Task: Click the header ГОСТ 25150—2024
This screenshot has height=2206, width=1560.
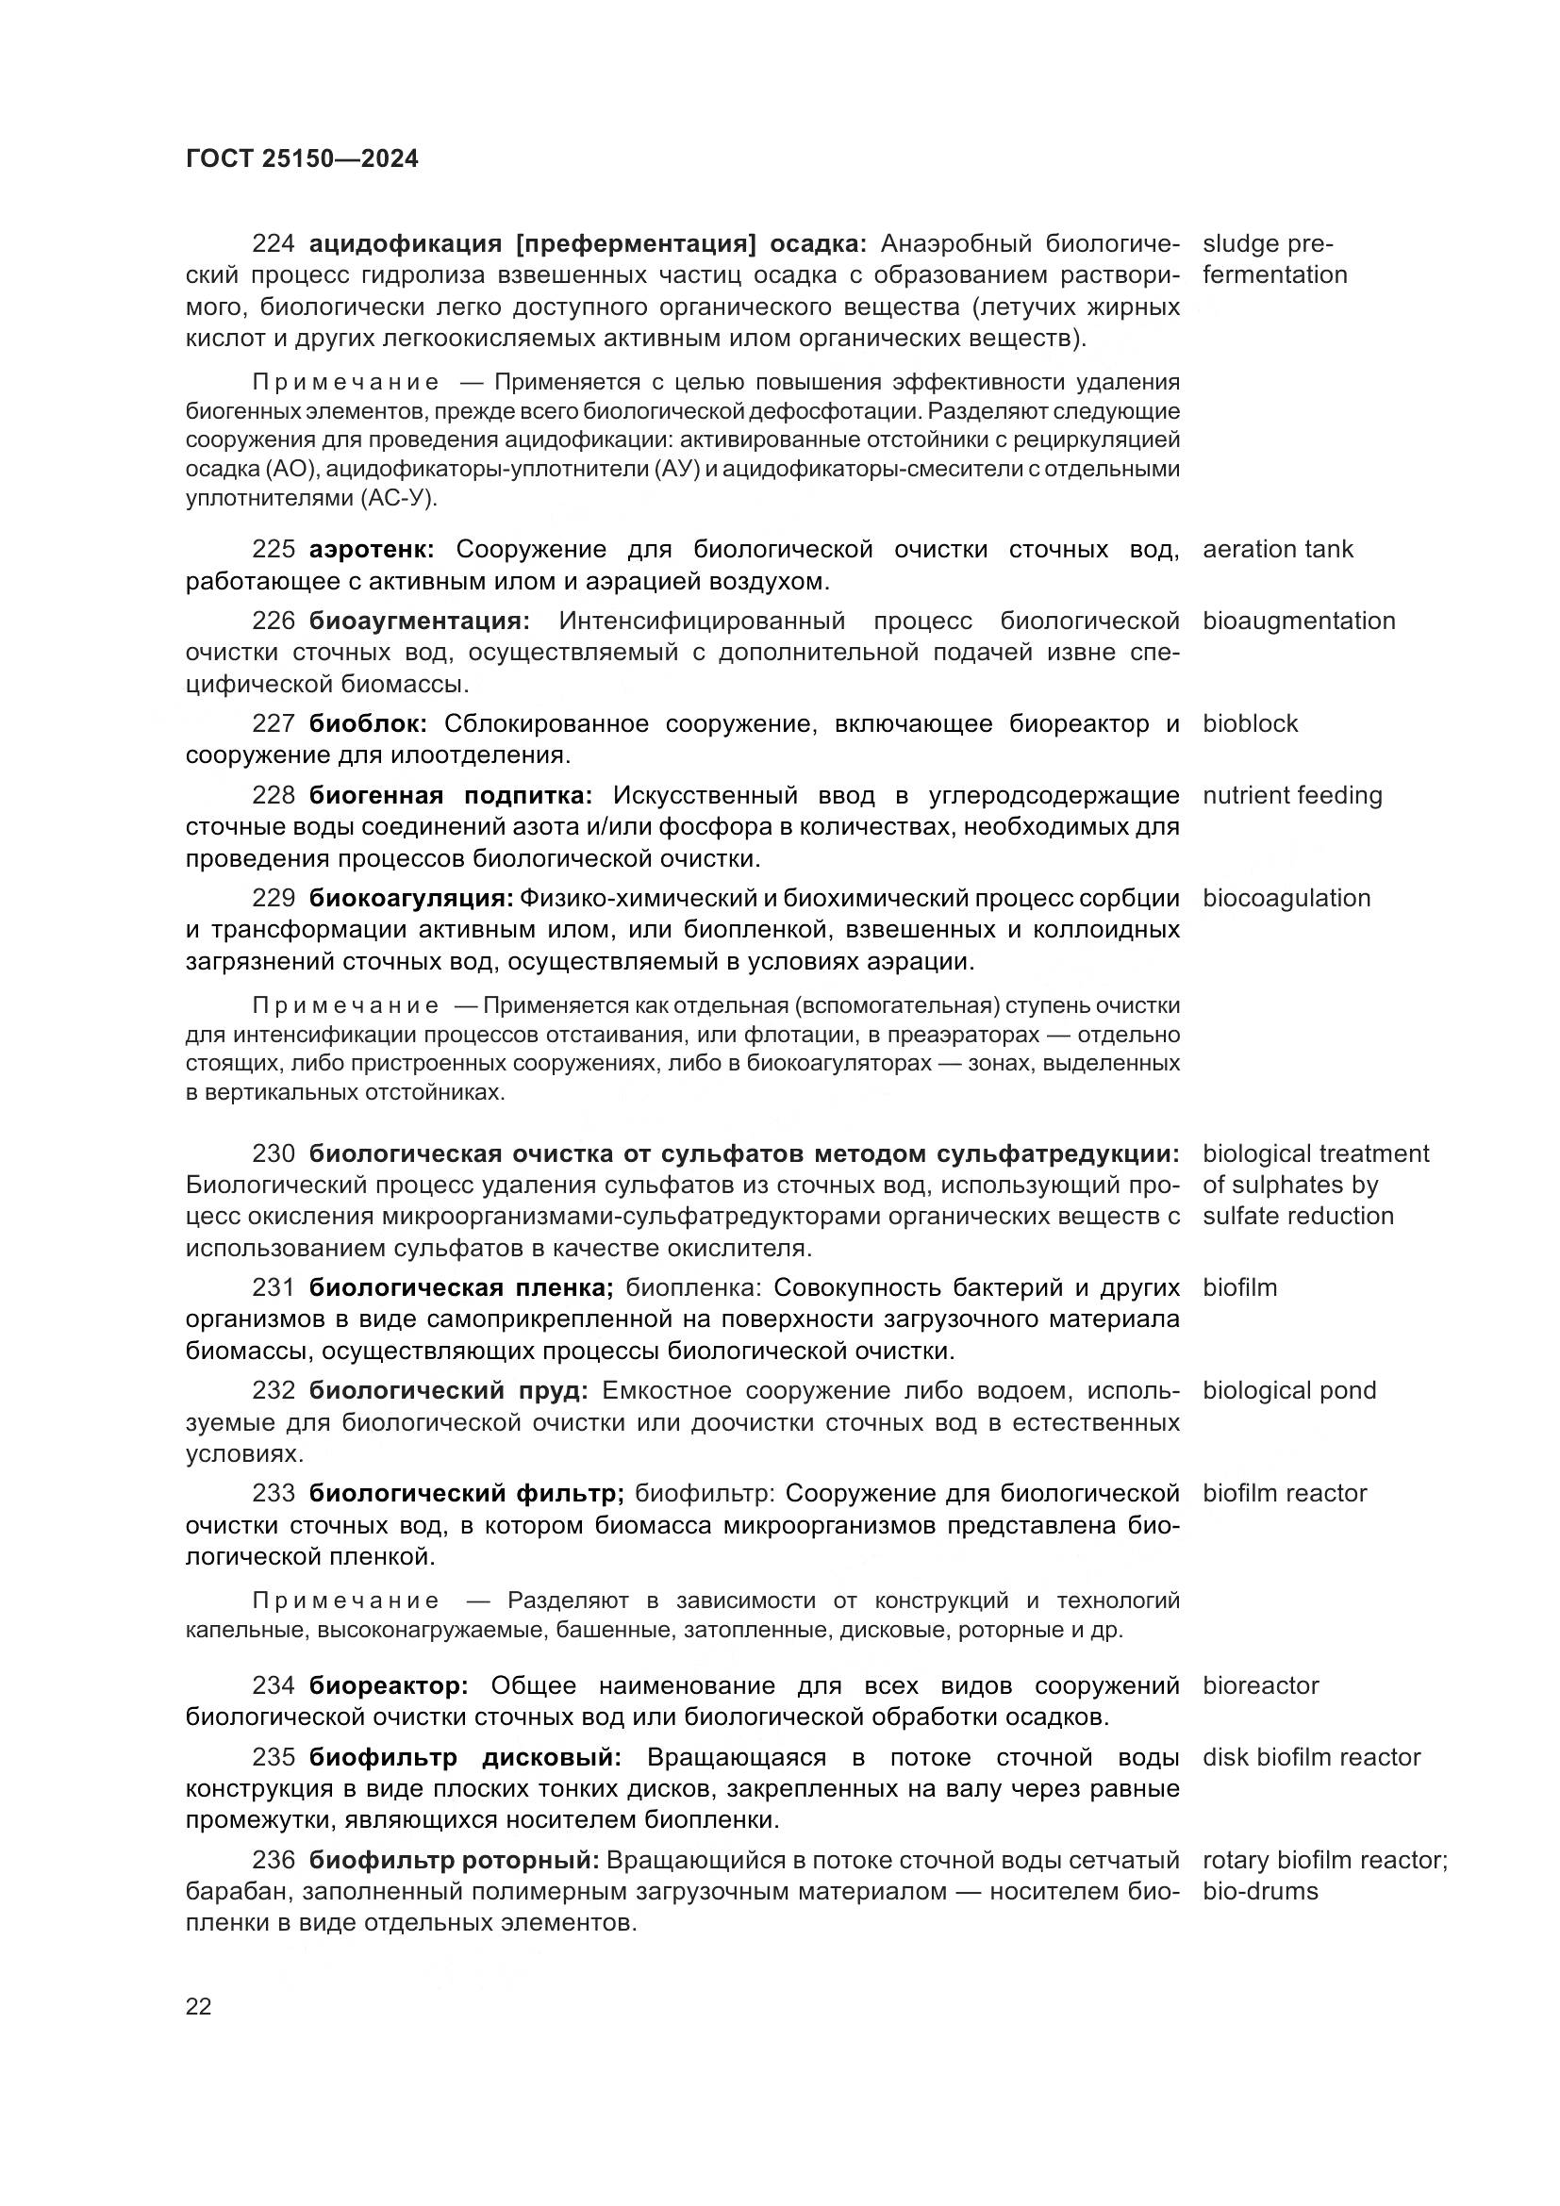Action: (x=302, y=158)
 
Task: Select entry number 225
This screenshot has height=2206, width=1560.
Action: (x=273, y=550)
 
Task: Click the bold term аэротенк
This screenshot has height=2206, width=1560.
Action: (x=372, y=550)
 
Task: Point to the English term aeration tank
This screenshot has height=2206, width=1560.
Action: (x=1277, y=550)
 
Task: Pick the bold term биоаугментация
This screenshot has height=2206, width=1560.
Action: (x=419, y=622)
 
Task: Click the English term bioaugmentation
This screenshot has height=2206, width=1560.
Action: (x=1299, y=622)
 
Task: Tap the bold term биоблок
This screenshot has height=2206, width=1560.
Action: (x=368, y=724)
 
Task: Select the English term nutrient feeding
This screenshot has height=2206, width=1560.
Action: (x=1292, y=796)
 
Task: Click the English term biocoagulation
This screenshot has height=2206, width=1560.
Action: (x=1286, y=899)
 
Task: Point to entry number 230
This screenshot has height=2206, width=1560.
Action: (x=273, y=1153)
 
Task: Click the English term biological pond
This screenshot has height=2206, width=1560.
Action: (x=1289, y=1390)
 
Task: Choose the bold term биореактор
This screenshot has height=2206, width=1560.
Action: (x=388, y=1685)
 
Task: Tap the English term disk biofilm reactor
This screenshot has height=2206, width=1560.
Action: (x=1311, y=1757)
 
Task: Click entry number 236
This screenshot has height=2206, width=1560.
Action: (x=273, y=1860)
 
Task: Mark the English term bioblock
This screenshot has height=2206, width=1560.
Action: (x=1250, y=724)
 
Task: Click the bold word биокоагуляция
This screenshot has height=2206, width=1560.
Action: (x=411, y=899)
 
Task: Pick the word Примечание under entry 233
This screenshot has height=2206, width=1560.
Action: (x=346, y=1601)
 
